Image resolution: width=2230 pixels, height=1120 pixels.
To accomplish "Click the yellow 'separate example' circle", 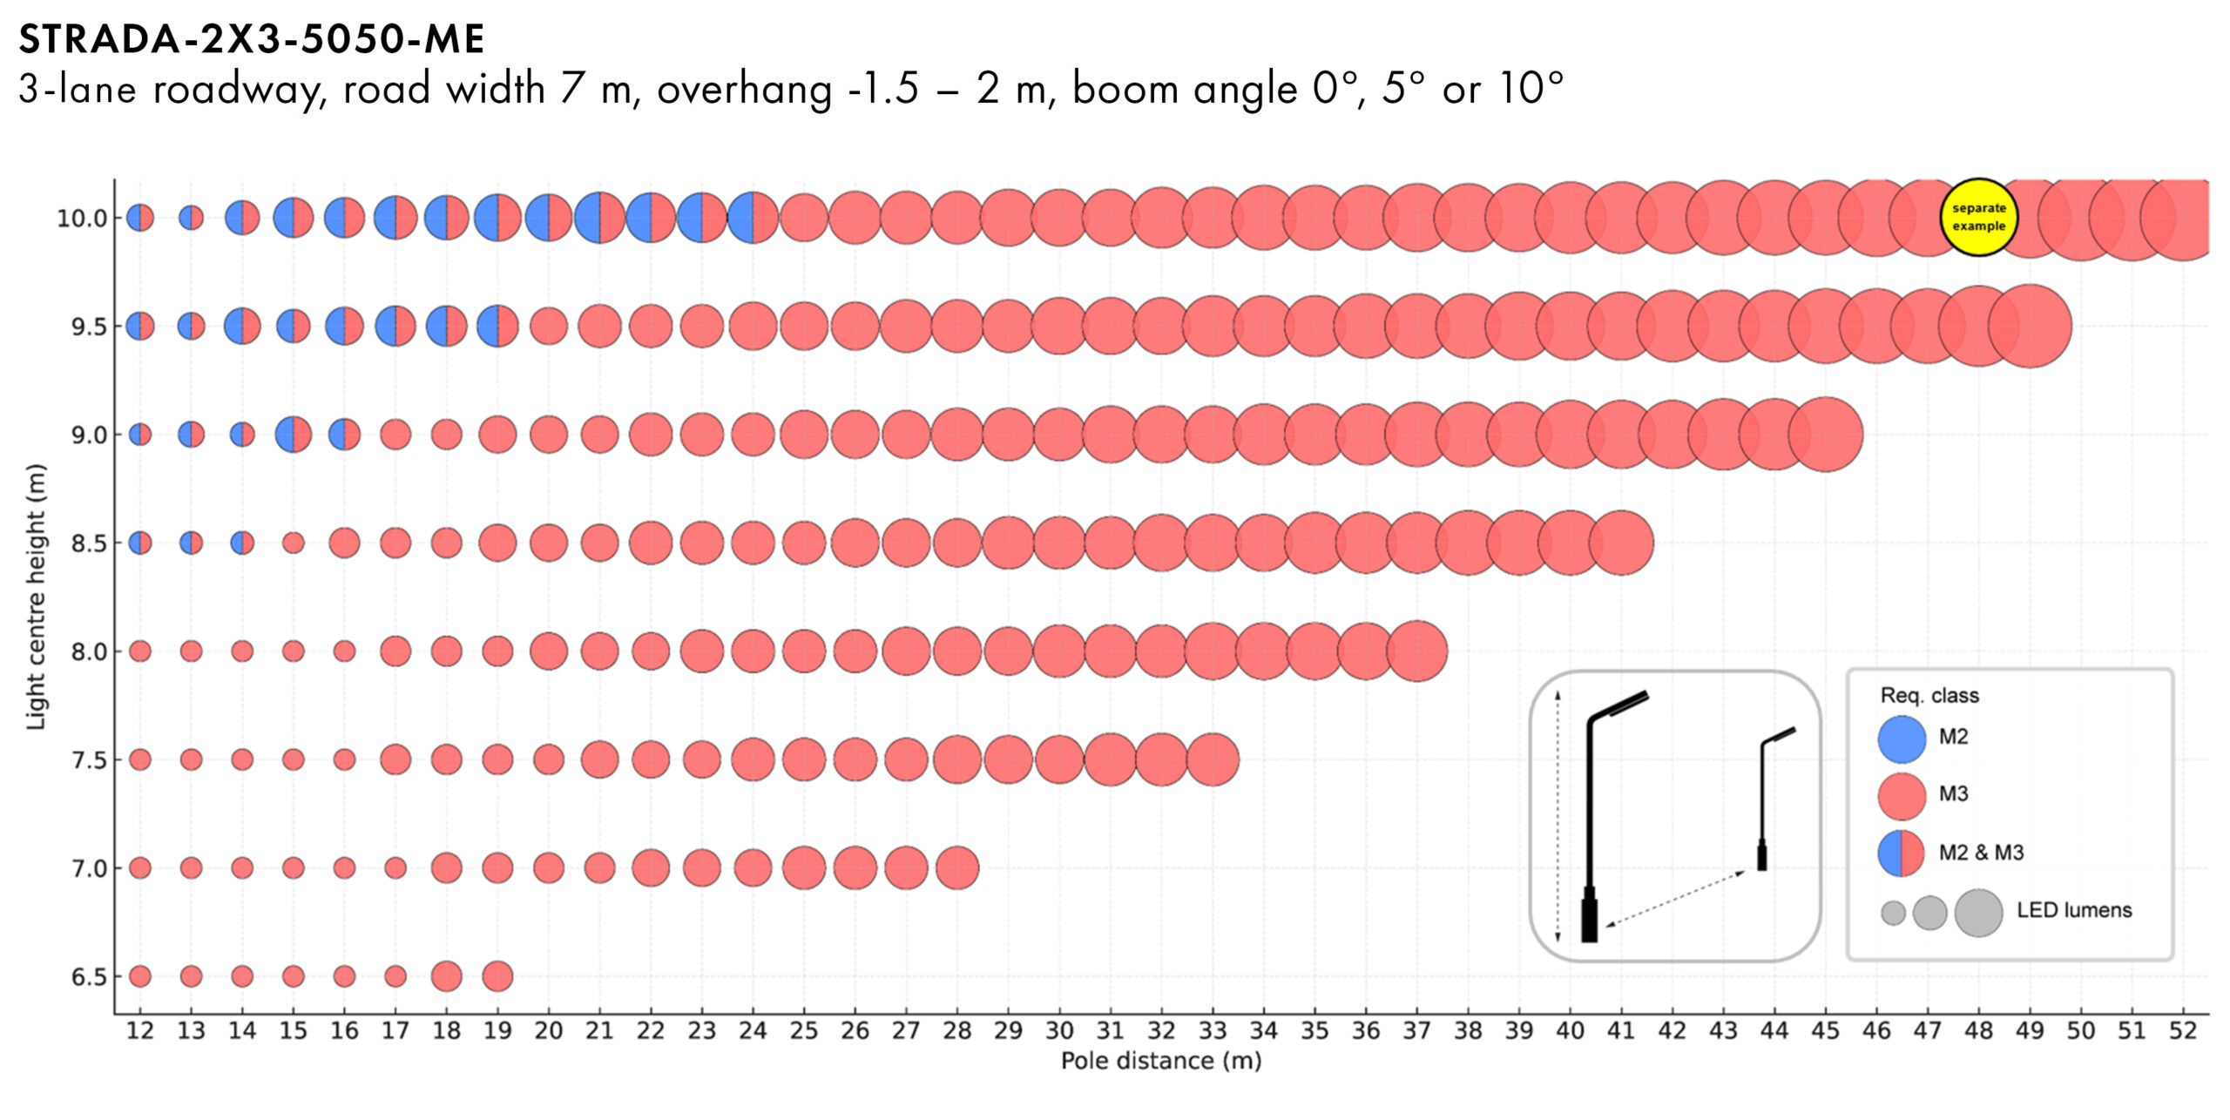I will pyautogui.click(x=1978, y=217).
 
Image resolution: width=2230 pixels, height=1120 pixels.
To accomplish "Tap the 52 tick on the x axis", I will pyautogui.click(x=2182, y=1031).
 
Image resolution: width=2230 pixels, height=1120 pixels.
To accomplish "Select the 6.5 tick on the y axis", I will pyautogui.click(x=89, y=977).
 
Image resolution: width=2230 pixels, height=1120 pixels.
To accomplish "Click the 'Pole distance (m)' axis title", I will pyautogui.click(x=1160, y=1061).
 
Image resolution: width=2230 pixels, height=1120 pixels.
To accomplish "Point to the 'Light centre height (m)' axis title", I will pyautogui.click(x=35, y=597).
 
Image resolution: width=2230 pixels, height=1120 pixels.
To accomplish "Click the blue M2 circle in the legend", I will pyautogui.click(x=1901, y=739).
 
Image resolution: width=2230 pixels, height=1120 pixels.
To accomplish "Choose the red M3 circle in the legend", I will pyautogui.click(x=1901, y=795).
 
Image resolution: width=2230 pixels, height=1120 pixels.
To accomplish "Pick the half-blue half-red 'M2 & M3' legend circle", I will pyautogui.click(x=1901, y=853).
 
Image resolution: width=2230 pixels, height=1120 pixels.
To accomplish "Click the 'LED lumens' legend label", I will pyautogui.click(x=2073, y=910).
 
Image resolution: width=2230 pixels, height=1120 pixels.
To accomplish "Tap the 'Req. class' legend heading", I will pyautogui.click(x=1929, y=695).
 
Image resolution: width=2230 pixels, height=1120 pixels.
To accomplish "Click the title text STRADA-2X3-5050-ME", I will pyautogui.click(x=251, y=39).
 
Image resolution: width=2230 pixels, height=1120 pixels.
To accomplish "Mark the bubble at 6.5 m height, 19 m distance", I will pyautogui.click(x=497, y=976).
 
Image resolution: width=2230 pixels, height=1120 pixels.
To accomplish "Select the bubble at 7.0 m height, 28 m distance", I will pyautogui.click(x=957, y=867).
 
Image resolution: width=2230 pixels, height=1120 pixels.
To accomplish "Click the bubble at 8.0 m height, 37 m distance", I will pyautogui.click(x=1417, y=651).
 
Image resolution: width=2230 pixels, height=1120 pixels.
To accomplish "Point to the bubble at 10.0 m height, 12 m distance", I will pyautogui.click(x=140, y=218).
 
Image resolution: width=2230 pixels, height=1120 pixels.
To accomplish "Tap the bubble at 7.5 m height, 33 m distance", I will pyautogui.click(x=1213, y=759).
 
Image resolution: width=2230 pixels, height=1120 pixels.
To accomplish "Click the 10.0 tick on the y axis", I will pyautogui.click(x=82, y=219).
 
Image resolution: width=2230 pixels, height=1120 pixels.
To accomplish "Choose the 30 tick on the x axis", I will pyautogui.click(x=1058, y=1031).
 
